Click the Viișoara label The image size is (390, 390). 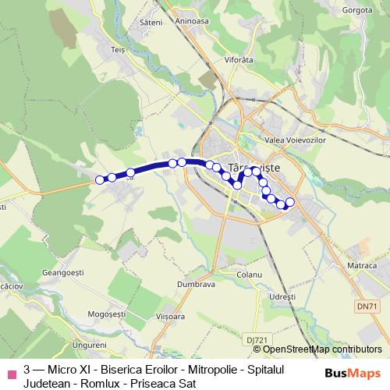pyautogui.click(x=170, y=317)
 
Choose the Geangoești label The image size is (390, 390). pyautogui.click(x=65, y=273)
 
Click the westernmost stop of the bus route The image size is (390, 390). pyautogui.click(x=100, y=180)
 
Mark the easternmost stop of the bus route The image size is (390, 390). pyautogui.click(x=290, y=203)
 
